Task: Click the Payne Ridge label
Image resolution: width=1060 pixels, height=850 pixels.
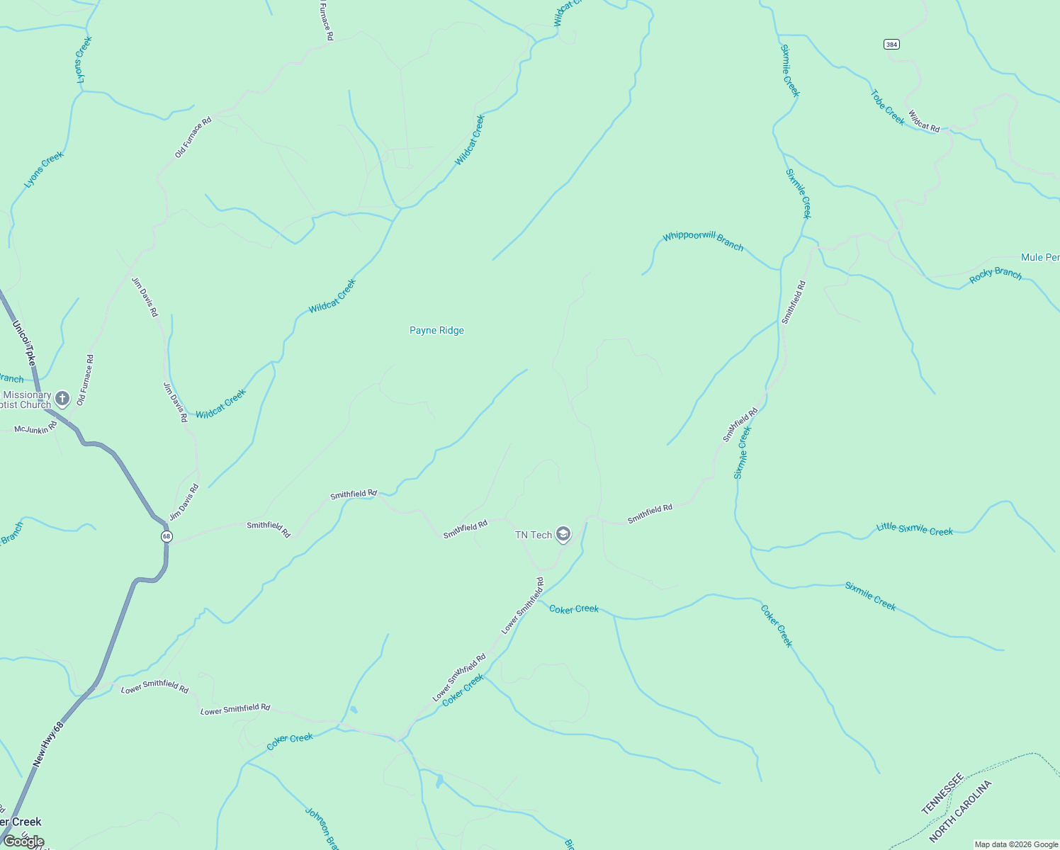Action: click(x=436, y=331)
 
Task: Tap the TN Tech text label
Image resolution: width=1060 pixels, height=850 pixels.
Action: click(x=533, y=535)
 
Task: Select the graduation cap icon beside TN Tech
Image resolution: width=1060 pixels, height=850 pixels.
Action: click(x=563, y=534)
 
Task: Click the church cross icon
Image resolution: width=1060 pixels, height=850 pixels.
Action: click(x=62, y=399)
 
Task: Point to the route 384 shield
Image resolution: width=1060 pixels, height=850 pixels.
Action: click(x=891, y=45)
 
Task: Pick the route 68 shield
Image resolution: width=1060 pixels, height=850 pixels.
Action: click(x=167, y=536)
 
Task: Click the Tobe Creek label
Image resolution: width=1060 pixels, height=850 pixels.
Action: click(x=887, y=108)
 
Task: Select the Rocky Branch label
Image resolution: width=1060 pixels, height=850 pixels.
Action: click(x=996, y=275)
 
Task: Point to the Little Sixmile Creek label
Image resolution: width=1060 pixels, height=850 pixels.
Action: click(x=914, y=529)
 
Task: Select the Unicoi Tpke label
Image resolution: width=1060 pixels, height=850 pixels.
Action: click(x=24, y=344)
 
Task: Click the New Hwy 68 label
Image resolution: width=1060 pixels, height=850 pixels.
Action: click(x=48, y=744)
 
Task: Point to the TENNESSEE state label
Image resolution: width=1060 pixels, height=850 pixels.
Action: click(x=942, y=793)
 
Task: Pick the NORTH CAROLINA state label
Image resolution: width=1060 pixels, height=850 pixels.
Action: click(x=960, y=812)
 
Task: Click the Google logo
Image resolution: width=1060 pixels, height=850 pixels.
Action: click(x=23, y=841)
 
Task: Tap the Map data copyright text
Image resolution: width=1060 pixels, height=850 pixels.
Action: click(x=1016, y=844)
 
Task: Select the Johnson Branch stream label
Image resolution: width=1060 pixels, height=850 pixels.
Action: click(x=321, y=827)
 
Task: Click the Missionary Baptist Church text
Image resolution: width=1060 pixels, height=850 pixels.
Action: click(x=27, y=399)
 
